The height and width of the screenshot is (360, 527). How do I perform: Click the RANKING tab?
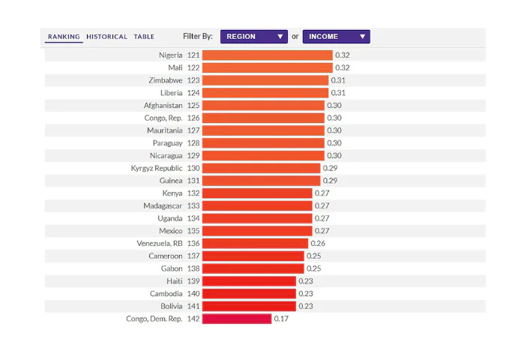tap(64, 37)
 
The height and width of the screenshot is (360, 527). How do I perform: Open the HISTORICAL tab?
tap(107, 37)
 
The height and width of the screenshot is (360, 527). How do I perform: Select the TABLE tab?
tap(144, 37)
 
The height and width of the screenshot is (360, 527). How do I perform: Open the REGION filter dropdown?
tap(253, 37)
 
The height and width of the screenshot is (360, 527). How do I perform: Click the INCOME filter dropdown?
tap(337, 37)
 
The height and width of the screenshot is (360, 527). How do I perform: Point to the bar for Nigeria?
tap(268, 55)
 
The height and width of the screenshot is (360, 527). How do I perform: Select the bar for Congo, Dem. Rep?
tap(237, 319)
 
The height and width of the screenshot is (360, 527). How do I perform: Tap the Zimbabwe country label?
tap(166, 80)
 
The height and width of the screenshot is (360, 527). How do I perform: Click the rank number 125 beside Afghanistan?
tap(193, 106)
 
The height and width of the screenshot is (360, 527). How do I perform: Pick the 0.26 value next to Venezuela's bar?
tap(318, 243)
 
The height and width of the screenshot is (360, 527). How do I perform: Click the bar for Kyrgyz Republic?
tap(261, 168)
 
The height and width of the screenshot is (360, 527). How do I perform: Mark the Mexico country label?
tap(171, 231)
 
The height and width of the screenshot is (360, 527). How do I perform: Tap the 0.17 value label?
tap(281, 319)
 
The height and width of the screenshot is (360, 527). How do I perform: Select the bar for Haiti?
tap(249, 281)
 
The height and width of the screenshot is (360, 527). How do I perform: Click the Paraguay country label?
tap(168, 143)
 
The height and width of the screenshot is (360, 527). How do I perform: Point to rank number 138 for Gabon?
tap(193, 268)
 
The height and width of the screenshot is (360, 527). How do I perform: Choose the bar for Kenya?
tap(257, 193)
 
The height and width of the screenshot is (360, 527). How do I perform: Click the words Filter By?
tap(198, 36)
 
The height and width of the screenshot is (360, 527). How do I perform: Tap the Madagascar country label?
tap(163, 206)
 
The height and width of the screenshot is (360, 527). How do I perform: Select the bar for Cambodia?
tap(249, 294)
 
